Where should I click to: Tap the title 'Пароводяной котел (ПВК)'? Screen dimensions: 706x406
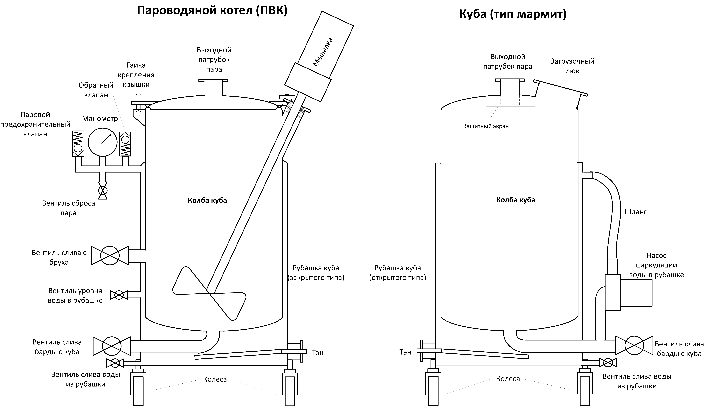(212, 11)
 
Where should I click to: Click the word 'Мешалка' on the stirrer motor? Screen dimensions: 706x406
(323, 52)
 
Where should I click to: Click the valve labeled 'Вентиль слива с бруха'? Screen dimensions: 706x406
(110, 255)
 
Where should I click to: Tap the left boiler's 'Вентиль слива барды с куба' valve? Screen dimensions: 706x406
(112, 346)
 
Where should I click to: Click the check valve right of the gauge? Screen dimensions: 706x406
(125, 144)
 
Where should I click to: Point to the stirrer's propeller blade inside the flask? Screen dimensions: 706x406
(209, 293)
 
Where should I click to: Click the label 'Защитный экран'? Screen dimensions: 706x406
(486, 126)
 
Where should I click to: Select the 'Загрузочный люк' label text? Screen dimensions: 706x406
(572, 66)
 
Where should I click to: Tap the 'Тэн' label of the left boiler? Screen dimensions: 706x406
(318, 353)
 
